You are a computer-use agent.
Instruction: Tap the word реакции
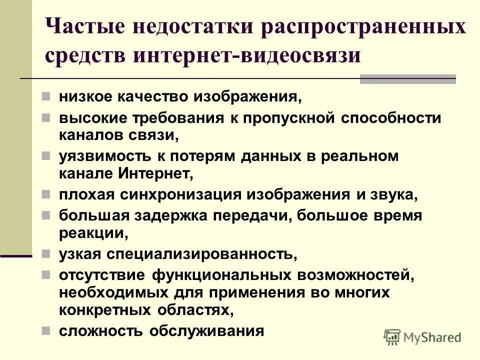pyautogui.click(x=89, y=233)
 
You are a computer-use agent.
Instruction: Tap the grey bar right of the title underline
pyautogui.click(x=407, y=79)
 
